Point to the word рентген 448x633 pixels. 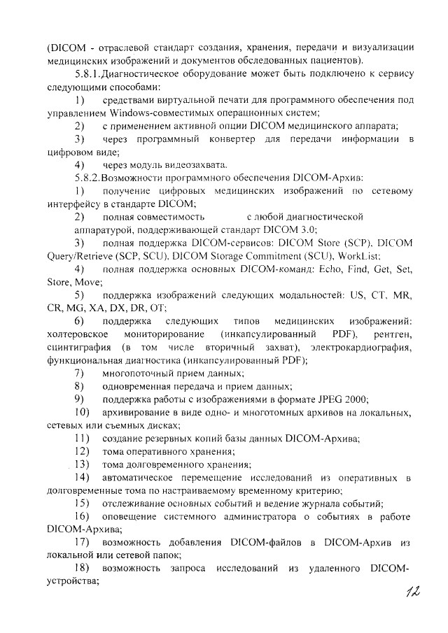pos(394,334)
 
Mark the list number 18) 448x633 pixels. pos(84,568)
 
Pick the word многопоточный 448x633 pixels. pos(139,374)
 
